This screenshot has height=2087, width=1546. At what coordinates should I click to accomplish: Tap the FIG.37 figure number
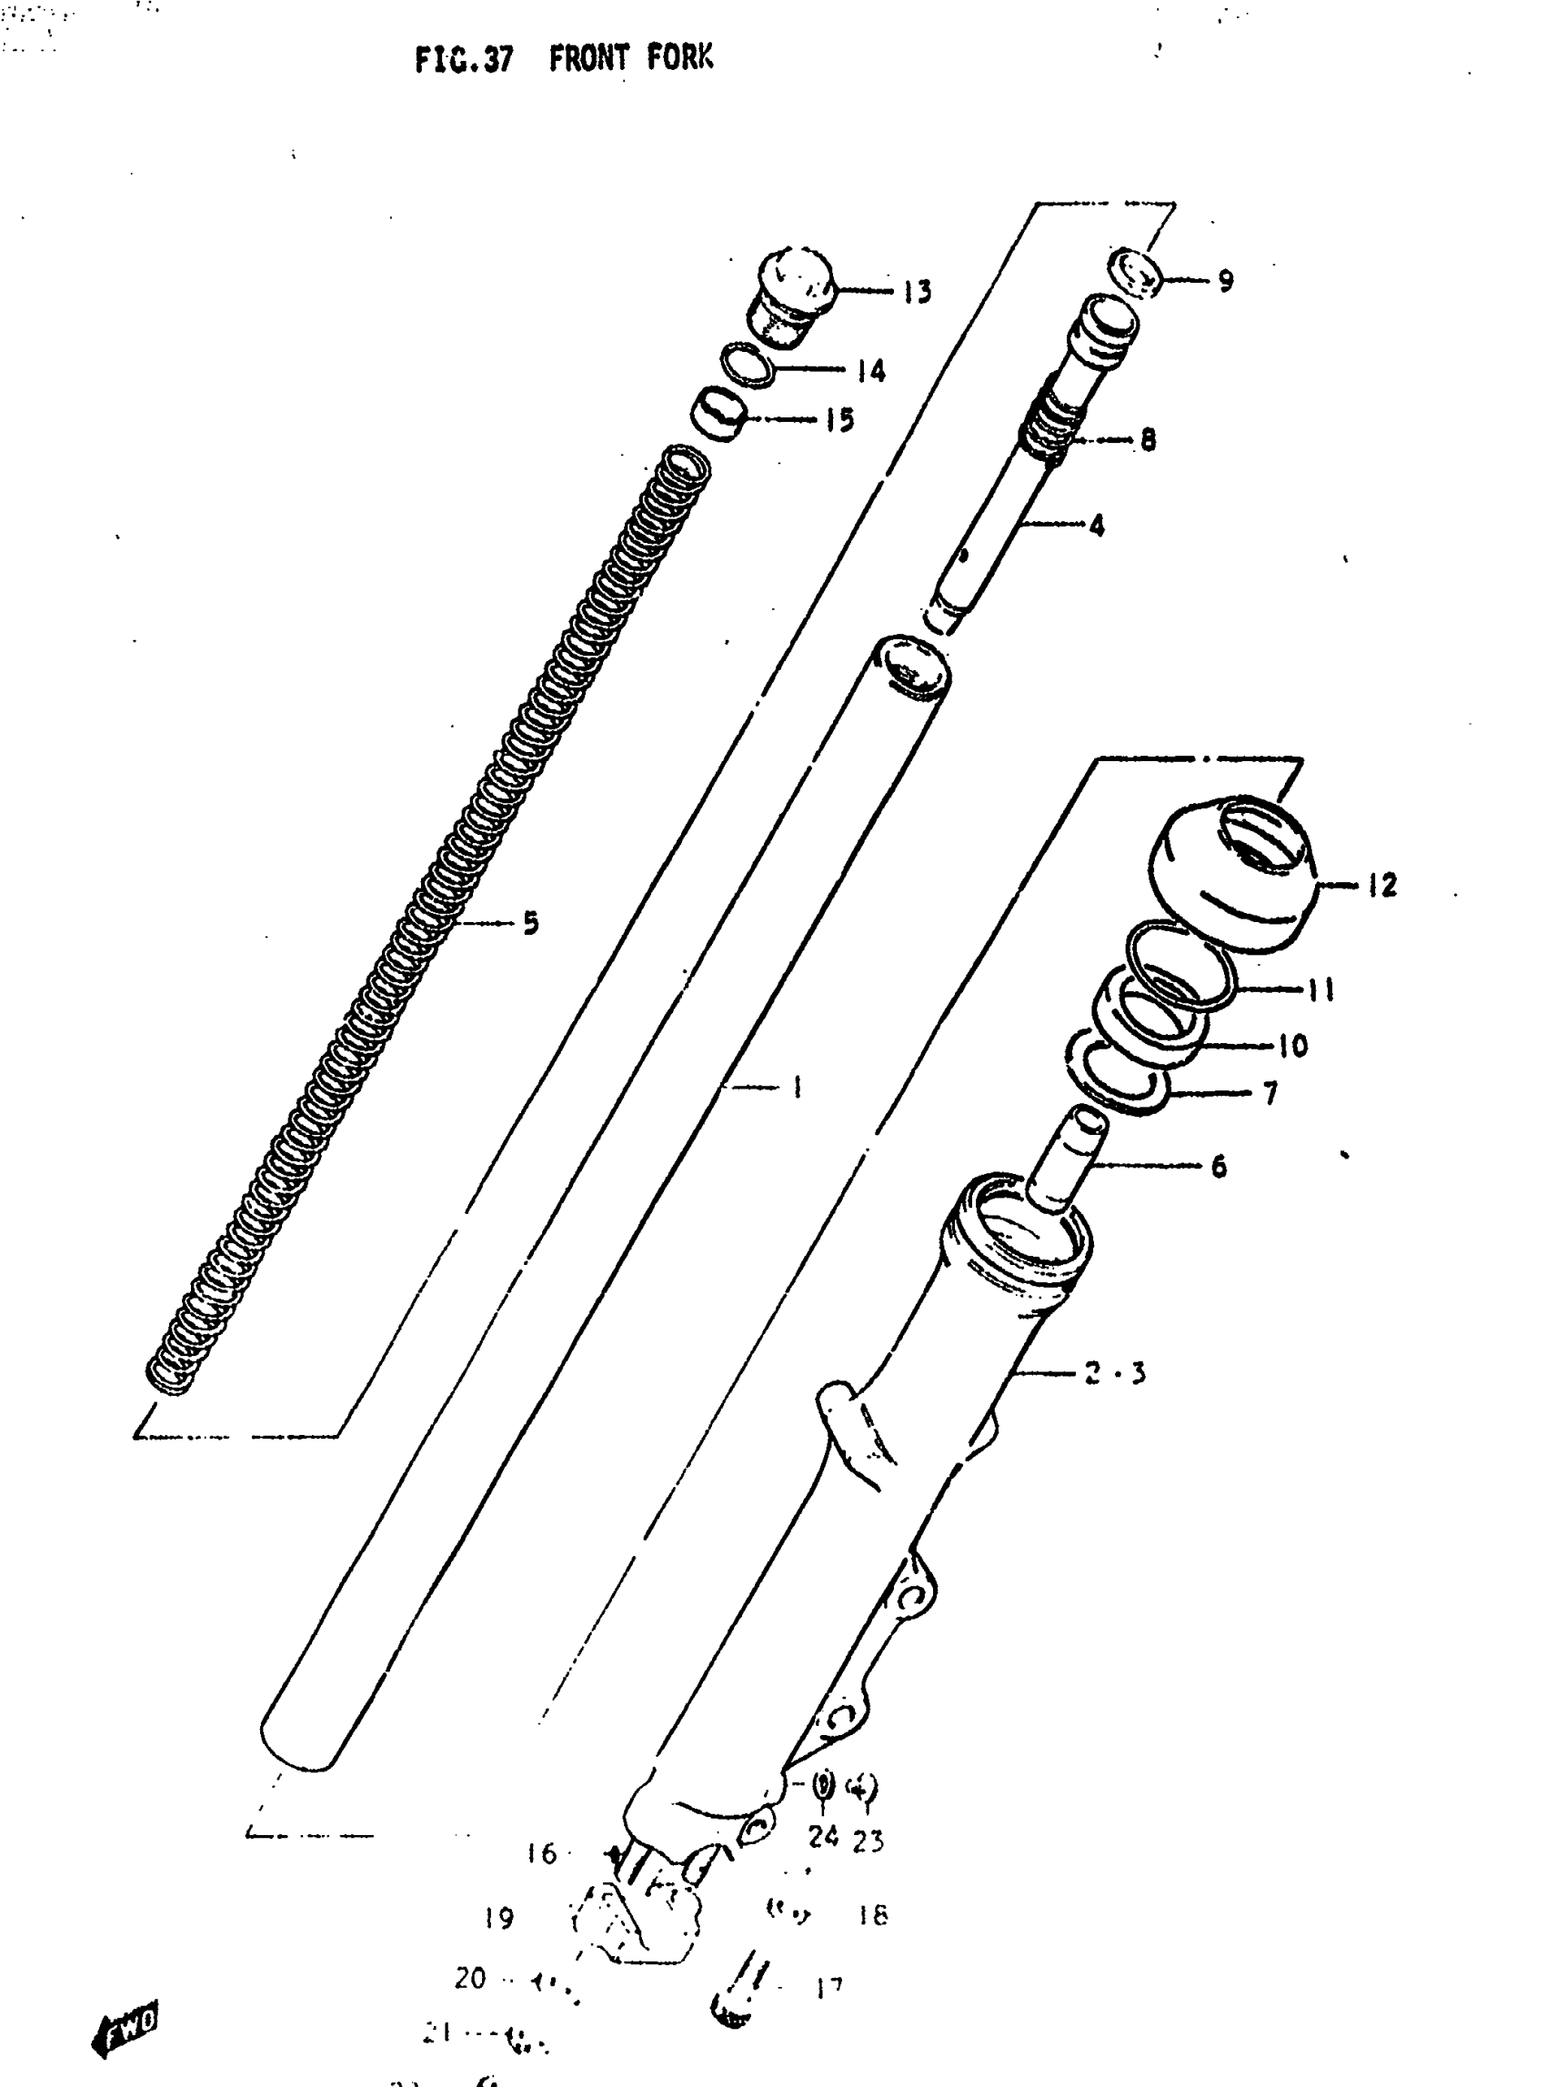(464, 60)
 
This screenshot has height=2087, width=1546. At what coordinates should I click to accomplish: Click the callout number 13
(917, 292)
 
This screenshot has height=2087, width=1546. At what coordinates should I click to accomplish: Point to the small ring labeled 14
(747, 365)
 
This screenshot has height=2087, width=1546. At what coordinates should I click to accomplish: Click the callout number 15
(839, 420)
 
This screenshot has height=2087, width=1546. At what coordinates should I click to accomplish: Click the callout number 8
(1148, 439)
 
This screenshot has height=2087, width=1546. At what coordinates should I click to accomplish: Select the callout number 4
(1096, 525)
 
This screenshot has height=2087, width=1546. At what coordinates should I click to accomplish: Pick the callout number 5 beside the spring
(530, 924)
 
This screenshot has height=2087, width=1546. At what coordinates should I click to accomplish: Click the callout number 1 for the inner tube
(797, 1087)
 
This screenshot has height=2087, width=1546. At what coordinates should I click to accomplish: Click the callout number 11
(1320, 989)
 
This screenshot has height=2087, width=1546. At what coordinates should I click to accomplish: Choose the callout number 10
(1292, 1046)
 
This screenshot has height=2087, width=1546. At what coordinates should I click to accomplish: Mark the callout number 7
(1270, 1092)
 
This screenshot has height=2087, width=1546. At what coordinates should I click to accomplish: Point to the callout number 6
(1219, 1166)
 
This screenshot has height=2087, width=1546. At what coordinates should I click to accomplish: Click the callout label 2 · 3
(1115, 1373)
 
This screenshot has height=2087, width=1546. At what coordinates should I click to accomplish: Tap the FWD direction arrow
(125, 2027)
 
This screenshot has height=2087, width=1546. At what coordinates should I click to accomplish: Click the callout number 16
(541, 1853)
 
